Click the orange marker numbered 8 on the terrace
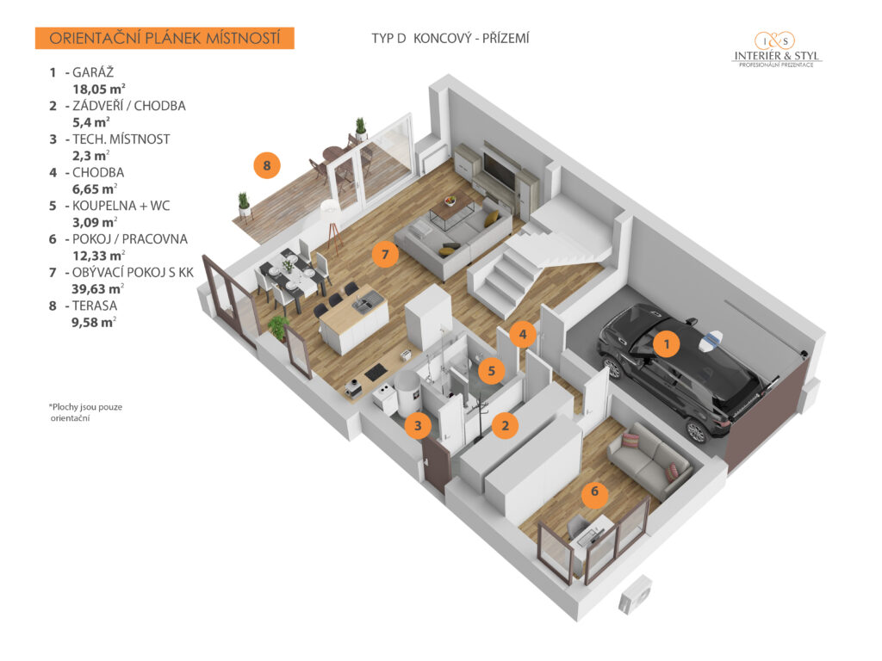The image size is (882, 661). (267, 165)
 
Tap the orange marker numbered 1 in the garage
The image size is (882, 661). (667, 343)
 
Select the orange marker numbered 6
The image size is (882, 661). (594, 491)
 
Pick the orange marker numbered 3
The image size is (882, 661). (418, 425)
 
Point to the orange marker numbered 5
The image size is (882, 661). (492, 371)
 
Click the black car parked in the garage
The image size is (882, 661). (686, 371)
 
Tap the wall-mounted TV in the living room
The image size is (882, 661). (499, 171)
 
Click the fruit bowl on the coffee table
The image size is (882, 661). (450, 201)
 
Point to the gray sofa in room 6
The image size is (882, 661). (649, 458)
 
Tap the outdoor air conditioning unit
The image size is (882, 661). (636, 596)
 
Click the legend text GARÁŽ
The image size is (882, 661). (93, 72)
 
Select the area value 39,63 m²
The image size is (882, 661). (96, 289)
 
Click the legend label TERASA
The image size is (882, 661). (95, 306)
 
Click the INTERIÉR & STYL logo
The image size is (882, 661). (776, 49)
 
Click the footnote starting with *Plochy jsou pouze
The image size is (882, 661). (85, 412)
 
